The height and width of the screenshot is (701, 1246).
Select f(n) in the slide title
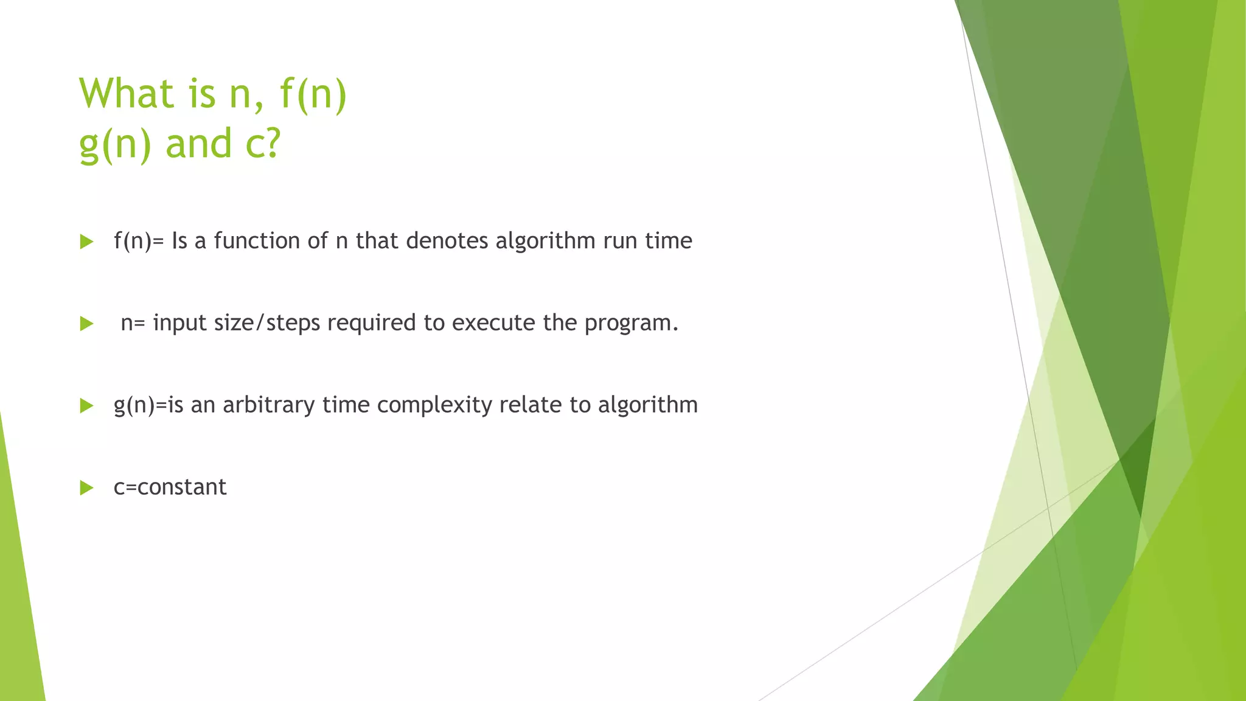coord(313,95)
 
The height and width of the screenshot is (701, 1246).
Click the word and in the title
coord(199,144)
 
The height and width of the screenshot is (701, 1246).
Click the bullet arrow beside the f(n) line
coord(86,242)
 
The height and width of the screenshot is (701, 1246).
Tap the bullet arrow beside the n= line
coord(86,324)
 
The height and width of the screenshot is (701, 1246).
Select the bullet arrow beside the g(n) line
coord(86,406)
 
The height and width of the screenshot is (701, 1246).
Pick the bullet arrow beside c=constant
coord(86,487)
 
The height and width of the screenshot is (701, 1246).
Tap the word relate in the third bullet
coord(530,405)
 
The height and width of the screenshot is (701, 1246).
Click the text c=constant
coord(170,487)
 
